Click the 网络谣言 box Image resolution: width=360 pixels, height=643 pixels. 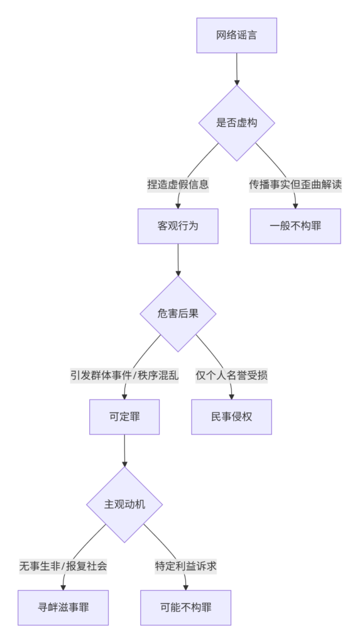point(236,35)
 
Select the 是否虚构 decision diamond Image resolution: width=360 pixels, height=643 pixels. point(236,122)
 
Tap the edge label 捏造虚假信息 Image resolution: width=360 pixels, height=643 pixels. point(178,185)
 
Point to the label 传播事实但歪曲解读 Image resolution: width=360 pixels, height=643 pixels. point(295,185)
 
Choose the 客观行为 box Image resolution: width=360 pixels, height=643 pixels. point(178,226)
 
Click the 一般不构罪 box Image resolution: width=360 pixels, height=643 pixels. point(295,226)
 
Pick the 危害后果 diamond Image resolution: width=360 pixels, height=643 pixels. point(178,314)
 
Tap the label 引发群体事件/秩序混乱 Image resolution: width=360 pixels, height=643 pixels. point(124,376)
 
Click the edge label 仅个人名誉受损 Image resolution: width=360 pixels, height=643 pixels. point(231,376)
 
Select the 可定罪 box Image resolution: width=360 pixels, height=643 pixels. point(124,417)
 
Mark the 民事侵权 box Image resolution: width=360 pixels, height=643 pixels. point(231,417)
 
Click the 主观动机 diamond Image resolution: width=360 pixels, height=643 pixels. point(124,505)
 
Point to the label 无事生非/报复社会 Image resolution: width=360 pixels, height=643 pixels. point(63,567)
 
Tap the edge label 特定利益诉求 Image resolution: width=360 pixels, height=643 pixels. point(185,567)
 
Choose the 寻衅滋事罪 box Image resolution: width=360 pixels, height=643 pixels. point(63,608)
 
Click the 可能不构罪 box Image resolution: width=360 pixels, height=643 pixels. point(185,608)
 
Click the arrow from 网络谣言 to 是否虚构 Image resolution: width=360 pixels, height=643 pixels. point(236,69)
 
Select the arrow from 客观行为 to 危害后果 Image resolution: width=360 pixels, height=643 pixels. point(178,260)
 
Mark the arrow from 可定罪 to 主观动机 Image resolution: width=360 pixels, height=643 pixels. point(124,451)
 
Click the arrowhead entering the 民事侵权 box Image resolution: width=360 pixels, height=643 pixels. point(231,397)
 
